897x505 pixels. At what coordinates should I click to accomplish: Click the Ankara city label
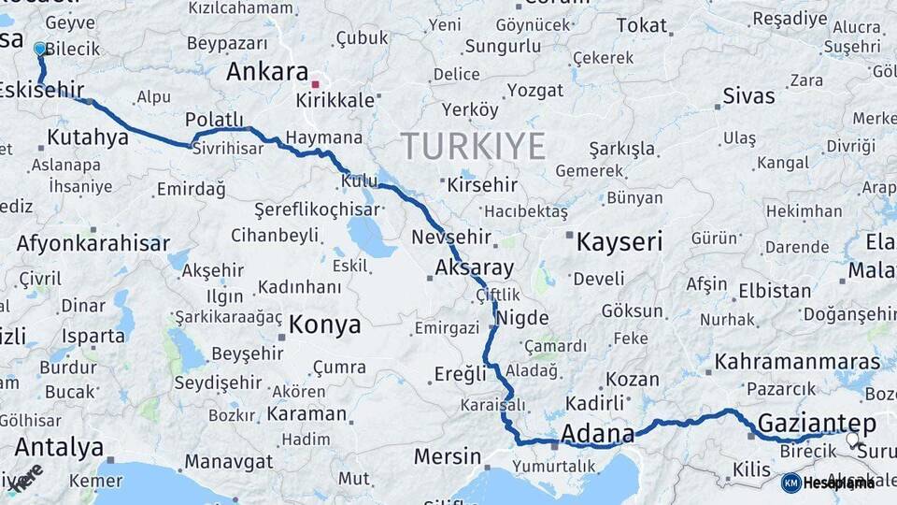point(267,73)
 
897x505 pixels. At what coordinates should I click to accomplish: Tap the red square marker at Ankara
point(315,84)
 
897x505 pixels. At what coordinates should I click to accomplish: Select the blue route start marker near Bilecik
point(39,49)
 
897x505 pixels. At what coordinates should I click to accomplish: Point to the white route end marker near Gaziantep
point(852,438)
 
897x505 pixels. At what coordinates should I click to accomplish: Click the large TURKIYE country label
point(473,147)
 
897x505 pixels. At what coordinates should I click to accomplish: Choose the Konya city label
point(324,325)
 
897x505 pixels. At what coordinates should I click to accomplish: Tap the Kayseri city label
point(619,242)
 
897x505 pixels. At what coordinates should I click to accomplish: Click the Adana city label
point(597,434)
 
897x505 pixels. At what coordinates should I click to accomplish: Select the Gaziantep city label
point(817,424)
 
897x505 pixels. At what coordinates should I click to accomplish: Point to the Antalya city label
point(59,447)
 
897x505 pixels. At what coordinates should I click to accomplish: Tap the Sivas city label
point(748,96)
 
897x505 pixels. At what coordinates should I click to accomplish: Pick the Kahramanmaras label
point(797,362)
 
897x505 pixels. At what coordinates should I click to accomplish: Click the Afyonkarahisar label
point(93,244)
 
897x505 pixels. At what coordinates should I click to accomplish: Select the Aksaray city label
point(475,268)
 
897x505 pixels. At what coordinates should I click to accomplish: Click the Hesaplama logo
point(829,483)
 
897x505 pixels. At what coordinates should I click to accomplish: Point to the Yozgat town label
point(534,91)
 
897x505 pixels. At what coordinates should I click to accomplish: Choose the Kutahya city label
point(87,138)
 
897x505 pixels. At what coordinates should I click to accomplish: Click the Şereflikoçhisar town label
point(320,209)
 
